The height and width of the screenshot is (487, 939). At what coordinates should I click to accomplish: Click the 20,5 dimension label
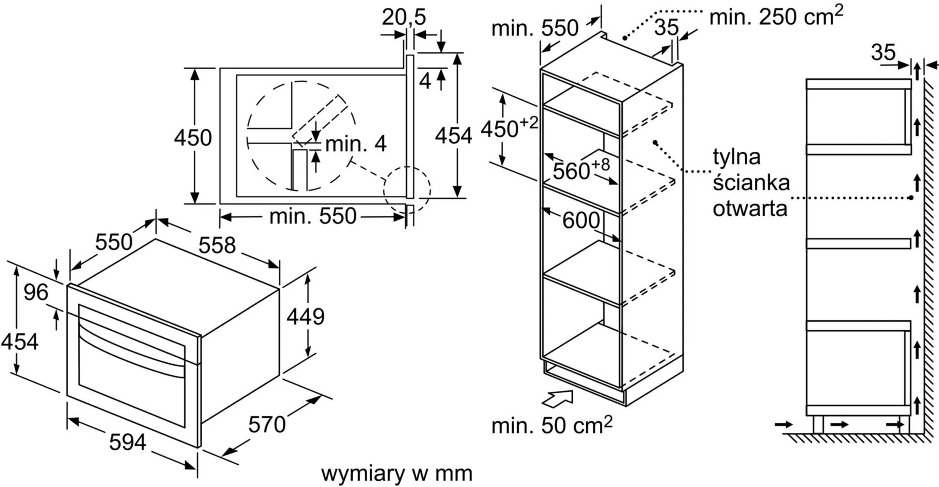click(404, 17)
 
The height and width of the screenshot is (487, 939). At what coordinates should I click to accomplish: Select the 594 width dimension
click(128, 442)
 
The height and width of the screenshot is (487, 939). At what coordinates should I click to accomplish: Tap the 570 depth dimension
click(267, 425)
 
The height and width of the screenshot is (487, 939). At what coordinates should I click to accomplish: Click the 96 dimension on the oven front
click(36, 293)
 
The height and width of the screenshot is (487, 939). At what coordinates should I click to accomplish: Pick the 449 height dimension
click(305, 317)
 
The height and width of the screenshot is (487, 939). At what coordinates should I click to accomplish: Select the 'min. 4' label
click(356, 144)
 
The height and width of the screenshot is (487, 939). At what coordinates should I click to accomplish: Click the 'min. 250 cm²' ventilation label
click(776, 16)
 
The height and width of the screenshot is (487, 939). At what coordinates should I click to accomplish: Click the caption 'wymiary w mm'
click(396, 473)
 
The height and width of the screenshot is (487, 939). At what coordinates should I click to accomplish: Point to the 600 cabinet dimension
click(581, 221)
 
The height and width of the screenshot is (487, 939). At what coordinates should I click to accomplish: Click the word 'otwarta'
click(750, 208)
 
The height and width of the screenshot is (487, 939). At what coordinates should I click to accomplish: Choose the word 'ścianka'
click(751, 183)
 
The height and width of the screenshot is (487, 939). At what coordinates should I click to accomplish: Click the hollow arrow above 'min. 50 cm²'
click(558, 398)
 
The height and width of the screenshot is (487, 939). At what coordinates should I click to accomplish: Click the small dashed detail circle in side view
click(407, 190)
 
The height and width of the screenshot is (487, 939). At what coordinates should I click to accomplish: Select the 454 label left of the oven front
click(19, 342)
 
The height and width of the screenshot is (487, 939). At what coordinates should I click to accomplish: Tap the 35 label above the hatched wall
click(883, 52)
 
